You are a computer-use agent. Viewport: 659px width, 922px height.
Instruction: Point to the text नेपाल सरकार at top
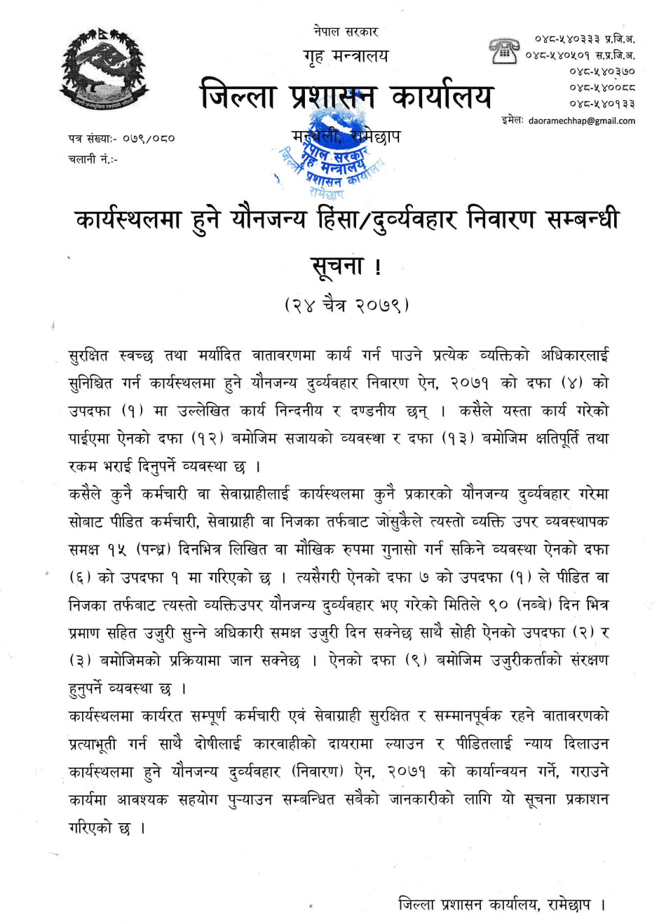(x=346, y=32)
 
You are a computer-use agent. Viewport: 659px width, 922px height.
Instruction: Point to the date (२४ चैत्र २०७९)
(x=346, y=306)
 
